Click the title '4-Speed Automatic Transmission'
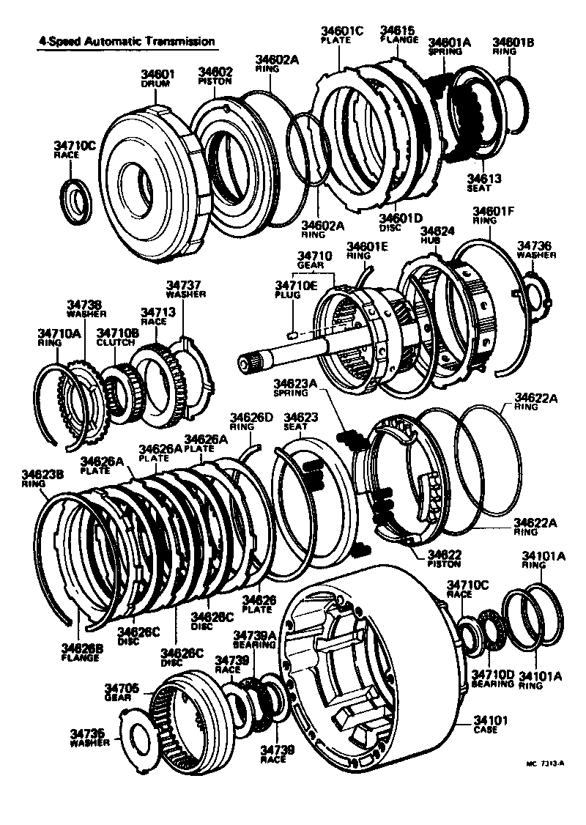(127, 42)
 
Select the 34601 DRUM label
(155, 78)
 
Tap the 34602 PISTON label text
(215, 76)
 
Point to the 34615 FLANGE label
(398, 35)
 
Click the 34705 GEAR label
(120, 692)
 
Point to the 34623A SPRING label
(294, 387)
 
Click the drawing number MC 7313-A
(544, 763)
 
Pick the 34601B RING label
(513, 46)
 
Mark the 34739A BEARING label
(254, 639)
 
